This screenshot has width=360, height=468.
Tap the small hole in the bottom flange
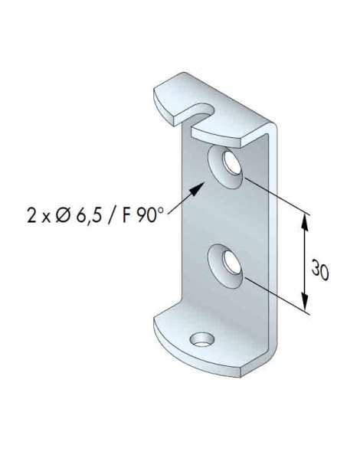tap(204, 339)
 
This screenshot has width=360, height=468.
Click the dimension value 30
tap(322, 270)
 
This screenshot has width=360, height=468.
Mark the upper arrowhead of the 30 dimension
tap(306, 220)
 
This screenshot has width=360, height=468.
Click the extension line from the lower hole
tap(276, 296)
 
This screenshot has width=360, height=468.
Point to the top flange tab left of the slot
tap(174, 100)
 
